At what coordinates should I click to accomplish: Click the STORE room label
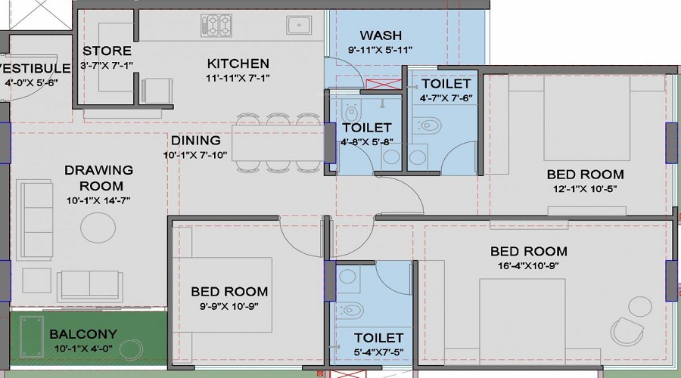pyautogui.click(x=107, y=51)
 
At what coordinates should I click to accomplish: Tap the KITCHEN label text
pyautogui.click(x=238, y=64)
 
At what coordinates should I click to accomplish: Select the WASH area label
pyautogui.click(x=380, y=36)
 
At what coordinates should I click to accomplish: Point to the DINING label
pyautogui.click(x=195, y=141)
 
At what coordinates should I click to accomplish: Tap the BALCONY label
pyautogui.click(x=83, y=333)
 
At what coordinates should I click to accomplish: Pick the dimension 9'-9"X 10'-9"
pyautogui.click(x=229, y=305)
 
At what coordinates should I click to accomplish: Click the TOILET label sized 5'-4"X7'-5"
pyautogui.click(x=378, y=338)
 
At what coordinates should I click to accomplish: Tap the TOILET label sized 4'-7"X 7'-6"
pyautogui.click(x=446, y=83)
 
